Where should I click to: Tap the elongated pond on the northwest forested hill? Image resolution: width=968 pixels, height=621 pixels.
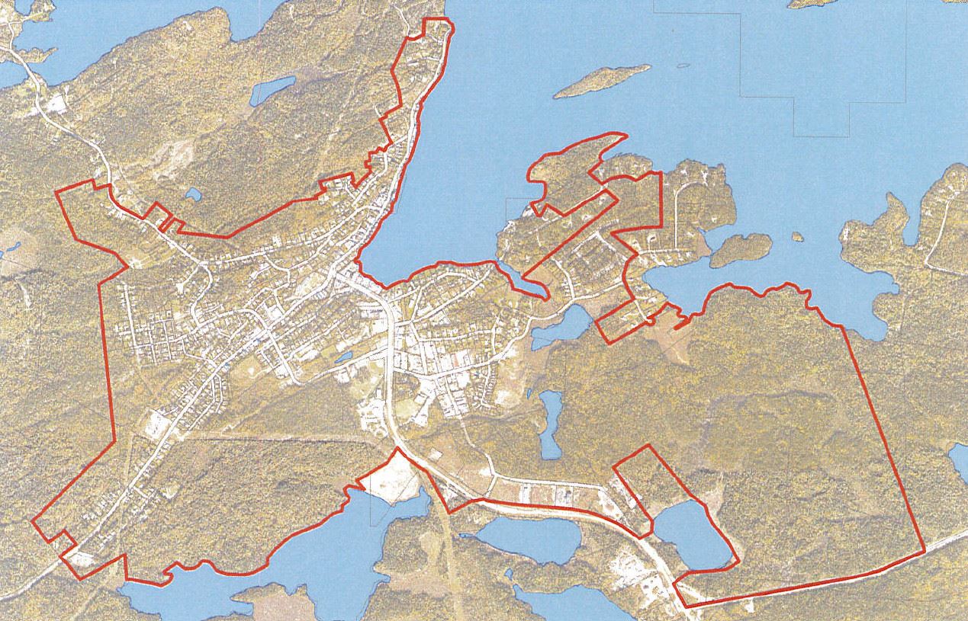click(272, 90)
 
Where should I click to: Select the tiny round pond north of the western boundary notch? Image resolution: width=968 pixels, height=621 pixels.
click(192, 195)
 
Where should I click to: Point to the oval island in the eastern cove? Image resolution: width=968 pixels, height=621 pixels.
click(741, 248)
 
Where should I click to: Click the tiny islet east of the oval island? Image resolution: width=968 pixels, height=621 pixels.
click(796, 236)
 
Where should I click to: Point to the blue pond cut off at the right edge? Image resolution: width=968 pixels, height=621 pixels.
click(959, 461)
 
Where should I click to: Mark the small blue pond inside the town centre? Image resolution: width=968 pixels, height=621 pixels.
click(342, 357)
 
